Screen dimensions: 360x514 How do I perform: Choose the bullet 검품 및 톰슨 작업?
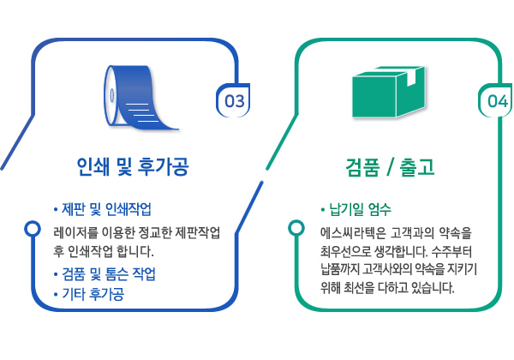click(116, 274)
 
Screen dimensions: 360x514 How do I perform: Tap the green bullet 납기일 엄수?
click(356, 210)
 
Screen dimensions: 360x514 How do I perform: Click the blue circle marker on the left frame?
click(33, 229)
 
